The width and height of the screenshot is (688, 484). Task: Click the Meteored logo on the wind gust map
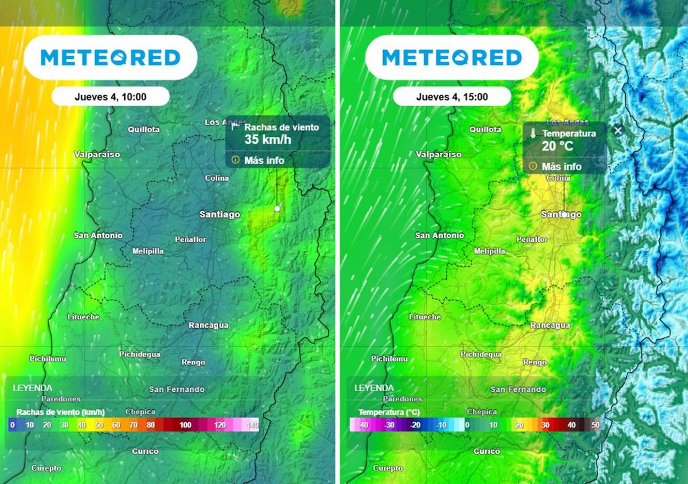pos(110,58)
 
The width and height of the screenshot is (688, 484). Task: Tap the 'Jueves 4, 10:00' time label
pos(110,97)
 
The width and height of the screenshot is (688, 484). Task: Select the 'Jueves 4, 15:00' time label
pos(451,97)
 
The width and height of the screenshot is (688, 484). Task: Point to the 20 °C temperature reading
pos(558,146)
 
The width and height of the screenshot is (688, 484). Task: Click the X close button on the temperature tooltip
pos(618,130)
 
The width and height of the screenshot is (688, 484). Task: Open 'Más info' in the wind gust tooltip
pos(264,160)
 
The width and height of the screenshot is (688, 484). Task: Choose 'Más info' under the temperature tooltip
pos(562,167)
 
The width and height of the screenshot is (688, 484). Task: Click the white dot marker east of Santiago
pos(277,209)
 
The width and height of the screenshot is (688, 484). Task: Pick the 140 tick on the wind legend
pos(252,426)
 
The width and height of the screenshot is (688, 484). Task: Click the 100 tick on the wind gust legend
pos(185,426)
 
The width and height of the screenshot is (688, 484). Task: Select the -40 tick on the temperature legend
pos(363,426)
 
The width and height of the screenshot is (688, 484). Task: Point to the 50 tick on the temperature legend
pos(595,426)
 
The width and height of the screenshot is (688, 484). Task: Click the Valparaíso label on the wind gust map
pos(97,155)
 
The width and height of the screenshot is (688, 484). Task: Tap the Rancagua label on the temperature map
pos(550,325)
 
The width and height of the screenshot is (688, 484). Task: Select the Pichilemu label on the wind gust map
pos(48,359)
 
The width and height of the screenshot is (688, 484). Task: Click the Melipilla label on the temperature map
pos(489,251)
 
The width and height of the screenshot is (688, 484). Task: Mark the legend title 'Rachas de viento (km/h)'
pos(60,412)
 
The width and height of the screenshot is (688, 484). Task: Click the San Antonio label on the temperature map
pos(439,235)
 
